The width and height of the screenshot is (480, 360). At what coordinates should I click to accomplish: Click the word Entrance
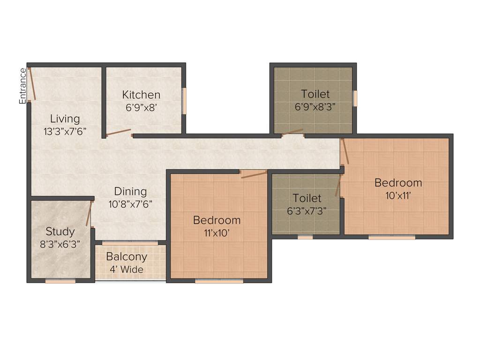point(22,86)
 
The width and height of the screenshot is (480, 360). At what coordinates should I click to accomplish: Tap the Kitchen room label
point(141,95)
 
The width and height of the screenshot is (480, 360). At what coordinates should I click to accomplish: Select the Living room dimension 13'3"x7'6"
point(65,131)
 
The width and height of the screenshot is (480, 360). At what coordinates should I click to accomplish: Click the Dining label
point(130,191)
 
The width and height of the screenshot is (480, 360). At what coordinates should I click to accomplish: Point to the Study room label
point(60,231)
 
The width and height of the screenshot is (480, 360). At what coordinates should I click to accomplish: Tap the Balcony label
point(127,256)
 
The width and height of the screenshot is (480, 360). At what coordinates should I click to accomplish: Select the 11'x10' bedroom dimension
point(217,232)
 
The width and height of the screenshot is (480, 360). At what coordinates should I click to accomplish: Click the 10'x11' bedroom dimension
point(398,195)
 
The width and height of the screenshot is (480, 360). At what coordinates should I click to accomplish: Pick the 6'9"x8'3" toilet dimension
point(315,106)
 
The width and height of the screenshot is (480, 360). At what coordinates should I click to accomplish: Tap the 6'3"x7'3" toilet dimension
point(307,210)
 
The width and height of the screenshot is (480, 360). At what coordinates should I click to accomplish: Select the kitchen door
point(119,132)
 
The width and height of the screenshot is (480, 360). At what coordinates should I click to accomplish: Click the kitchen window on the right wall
point(184,101)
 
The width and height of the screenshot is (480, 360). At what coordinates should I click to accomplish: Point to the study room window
point(60,281)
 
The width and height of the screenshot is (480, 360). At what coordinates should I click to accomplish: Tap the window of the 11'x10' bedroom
point(219,281)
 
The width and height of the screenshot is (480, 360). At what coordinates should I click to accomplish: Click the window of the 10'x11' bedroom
point(391,238)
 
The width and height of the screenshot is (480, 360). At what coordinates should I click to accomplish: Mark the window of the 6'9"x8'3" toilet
point(355,98)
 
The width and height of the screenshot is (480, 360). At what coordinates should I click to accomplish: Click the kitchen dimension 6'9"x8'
point(141,107)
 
